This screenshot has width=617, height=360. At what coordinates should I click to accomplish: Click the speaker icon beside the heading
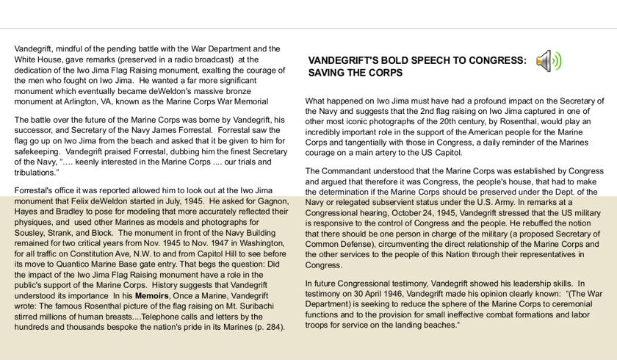coord(549,61)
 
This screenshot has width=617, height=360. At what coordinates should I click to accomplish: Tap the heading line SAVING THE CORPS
coord(355,73)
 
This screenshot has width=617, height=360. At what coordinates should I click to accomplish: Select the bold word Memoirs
coord(151,295)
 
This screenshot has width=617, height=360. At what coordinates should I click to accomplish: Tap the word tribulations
coord(35,173)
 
